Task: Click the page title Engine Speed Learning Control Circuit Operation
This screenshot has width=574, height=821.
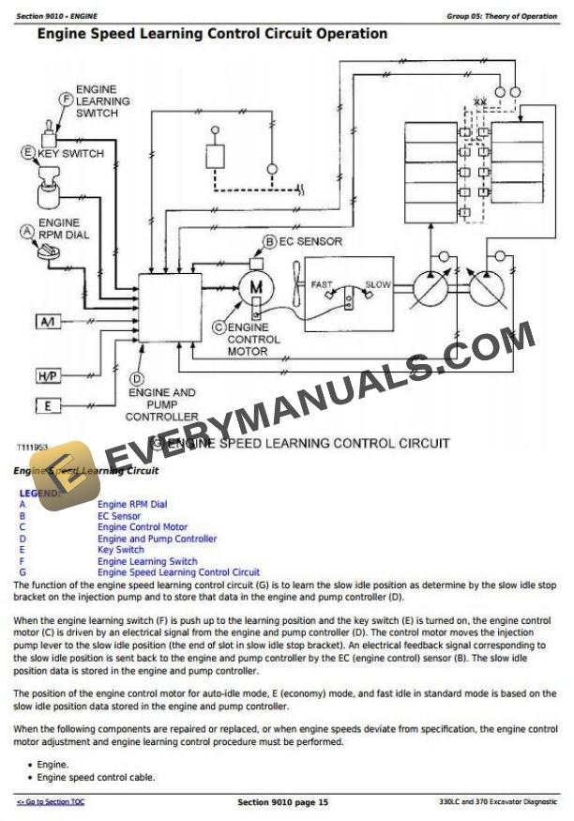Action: click(x=211, y=34)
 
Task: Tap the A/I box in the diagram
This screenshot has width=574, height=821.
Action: click(x=48, y=322)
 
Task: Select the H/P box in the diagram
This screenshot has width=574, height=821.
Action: click(x=48, y=376)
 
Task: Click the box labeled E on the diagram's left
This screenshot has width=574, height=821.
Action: click(x=48, y=405)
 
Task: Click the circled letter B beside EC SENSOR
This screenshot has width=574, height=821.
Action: click(x=270, y=241)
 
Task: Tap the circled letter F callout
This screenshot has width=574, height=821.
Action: click(x=66, y=98)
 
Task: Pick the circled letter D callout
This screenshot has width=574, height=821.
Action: click(x=136, y=378)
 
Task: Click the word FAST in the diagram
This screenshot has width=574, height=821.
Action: click(x=322, y=284)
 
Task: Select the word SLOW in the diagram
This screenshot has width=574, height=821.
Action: click(x=378, y=284)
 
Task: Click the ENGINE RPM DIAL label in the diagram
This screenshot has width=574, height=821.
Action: click(x=64, y=229)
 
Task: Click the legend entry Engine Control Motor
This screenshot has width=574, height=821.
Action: click(x=143, y=527)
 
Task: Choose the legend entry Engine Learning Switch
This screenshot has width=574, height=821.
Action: click(x=147, y=561)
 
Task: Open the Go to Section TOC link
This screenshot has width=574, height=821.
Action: click(x=51, y=802)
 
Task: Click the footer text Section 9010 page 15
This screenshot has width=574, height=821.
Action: click(x=282, y=802)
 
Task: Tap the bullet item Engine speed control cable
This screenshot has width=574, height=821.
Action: click(x=96, y=777)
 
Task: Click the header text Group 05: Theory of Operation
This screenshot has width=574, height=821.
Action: click(x=502, y=17)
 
